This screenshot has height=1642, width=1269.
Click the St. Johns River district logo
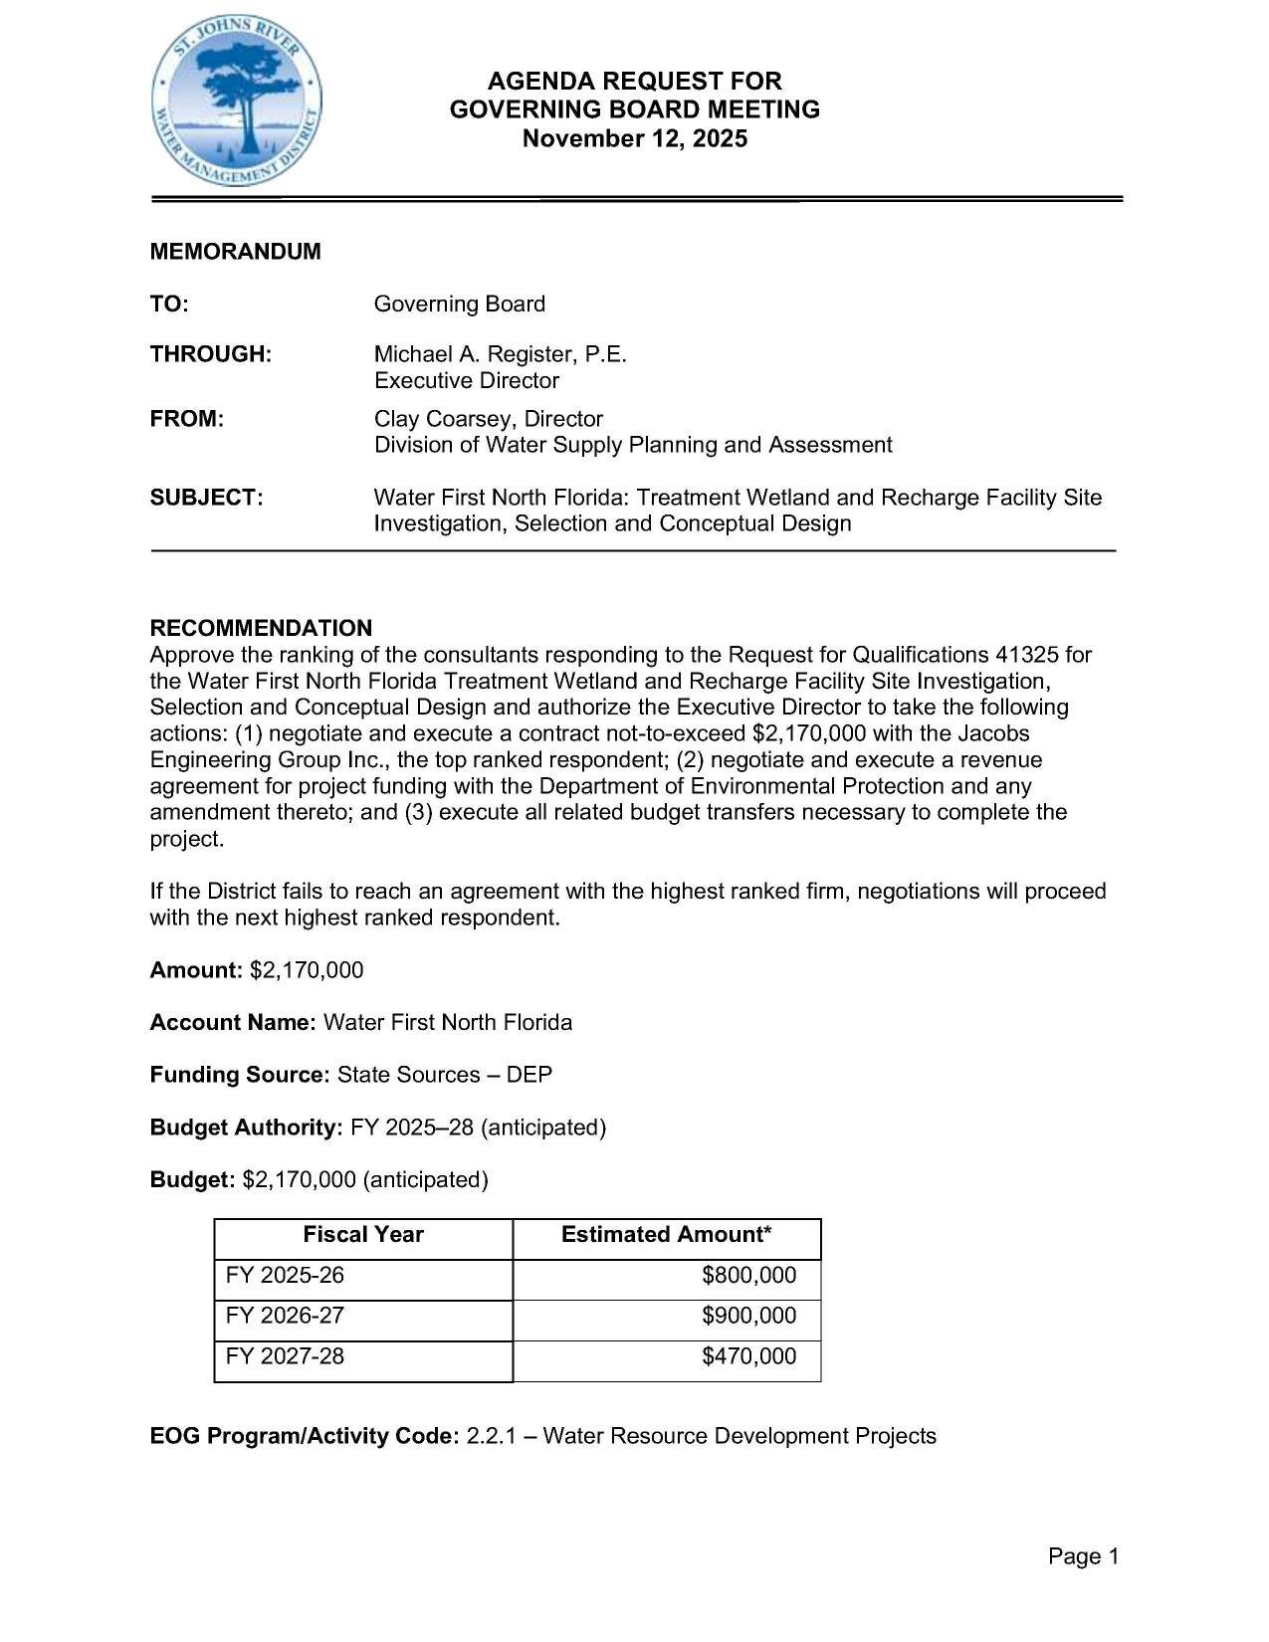click(x=237, y=105)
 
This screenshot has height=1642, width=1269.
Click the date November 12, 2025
click(x=634, y=138)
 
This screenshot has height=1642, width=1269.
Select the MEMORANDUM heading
click(x=235, y=252)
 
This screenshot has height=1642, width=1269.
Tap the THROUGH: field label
click(x=210, y=354)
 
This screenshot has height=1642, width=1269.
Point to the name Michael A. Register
click(x=472, y=354)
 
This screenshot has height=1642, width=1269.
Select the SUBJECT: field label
click(x=206, y=498)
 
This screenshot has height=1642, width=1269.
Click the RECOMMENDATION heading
click(x=261, y=628)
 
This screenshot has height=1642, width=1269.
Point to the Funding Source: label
click(x=239, y=1075)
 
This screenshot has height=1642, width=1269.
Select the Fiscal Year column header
click(x=363, y=1235)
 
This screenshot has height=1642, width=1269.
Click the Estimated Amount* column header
click(x=666, y=1235)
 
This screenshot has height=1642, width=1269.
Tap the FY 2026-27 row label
click(x=285, y=1316)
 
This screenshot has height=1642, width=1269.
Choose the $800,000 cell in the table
click(x=748, y=1276)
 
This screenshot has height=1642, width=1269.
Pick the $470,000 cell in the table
click(x=748, y=1356)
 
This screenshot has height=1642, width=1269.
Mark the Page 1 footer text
click(x=1083, y=1556)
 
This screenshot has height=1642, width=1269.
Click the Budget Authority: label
click(x=246, y=1128)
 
